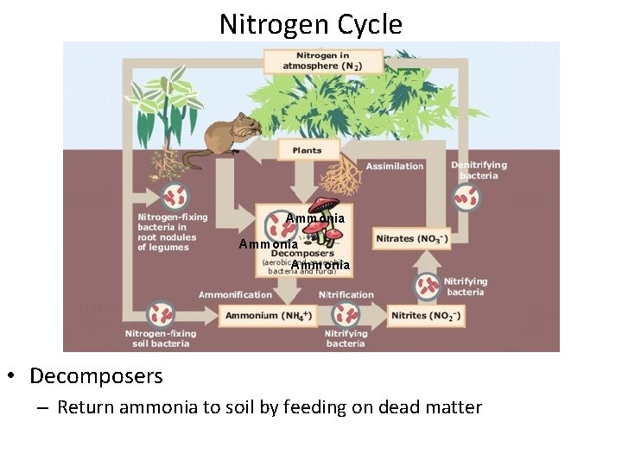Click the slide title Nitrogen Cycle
point(310,24)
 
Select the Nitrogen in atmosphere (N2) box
point(323,60)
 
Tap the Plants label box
point(308,150)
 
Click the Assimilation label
point(395,167)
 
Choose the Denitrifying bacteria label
point(479,170)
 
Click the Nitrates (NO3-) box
point(411,238)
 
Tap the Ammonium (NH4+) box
point(269,316)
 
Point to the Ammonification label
point(236,295)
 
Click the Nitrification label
point(346,295)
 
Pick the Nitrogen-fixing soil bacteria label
point(161,338)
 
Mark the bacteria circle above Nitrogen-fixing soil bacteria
point(161,313)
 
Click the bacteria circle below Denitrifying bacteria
point(467,198)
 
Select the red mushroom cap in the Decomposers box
point(325,206)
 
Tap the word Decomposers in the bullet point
point(96,376)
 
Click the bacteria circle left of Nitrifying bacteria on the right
point(427,285)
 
